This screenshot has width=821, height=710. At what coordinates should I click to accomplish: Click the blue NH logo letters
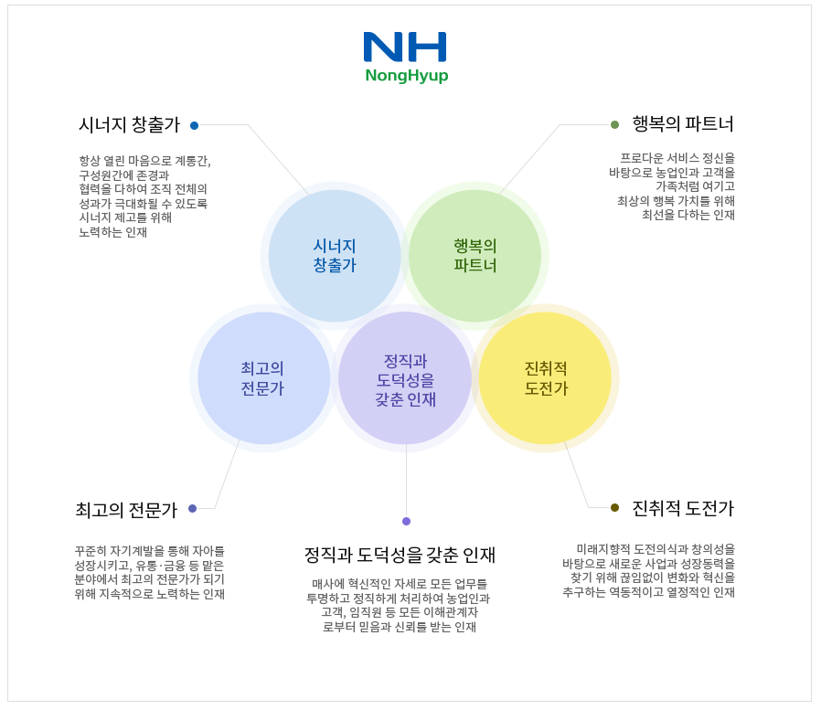click(x=405, y=47)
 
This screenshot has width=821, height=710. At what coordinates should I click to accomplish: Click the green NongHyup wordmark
click(x=406, y=76)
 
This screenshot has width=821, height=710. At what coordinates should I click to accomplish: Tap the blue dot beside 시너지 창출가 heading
click(x=194, y=125)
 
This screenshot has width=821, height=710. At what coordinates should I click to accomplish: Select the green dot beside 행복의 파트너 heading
click(x=614, y=124)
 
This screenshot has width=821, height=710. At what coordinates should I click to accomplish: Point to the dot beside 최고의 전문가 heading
click(x=192, y=508)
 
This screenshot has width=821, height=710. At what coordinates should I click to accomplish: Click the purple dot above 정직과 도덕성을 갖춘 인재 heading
click(x=406, y=521)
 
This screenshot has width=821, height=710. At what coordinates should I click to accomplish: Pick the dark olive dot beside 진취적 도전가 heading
click(x=614, y=507)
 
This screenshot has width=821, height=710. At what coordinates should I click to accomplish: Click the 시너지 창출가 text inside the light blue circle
click(x=335, y=256)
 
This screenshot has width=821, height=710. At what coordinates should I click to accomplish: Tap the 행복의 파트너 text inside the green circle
click(x=474, y=256)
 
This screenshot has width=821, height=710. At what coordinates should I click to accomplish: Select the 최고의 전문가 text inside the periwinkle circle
click(x=262, y=378)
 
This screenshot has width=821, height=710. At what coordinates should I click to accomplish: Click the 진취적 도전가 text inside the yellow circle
click(x=546, y=378)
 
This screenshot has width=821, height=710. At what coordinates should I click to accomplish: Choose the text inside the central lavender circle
click(x=405, y=379)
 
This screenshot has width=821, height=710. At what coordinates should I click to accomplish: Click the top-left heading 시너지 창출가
click(x=129, y=125)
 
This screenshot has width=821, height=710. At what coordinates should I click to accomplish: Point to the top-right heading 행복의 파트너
click(x=683, y=124)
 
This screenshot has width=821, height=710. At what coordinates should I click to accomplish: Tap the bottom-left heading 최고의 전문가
click(x=126, y=510)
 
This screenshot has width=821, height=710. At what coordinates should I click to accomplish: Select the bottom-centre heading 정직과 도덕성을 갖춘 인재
click(x=400, y=555)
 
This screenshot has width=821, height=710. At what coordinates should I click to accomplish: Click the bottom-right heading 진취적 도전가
click(x=683, y=508)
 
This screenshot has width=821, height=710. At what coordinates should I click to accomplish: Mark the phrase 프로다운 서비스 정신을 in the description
click(x=677, y=157)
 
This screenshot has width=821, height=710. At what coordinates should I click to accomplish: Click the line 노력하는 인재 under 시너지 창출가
click(x=113, y=232)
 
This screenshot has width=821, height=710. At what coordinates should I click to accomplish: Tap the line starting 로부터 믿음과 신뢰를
click(x=400, y=627)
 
